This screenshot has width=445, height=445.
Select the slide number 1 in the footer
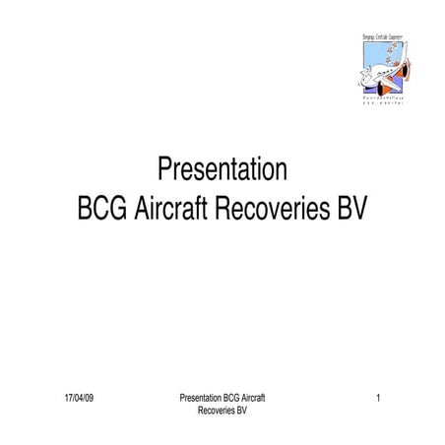point(378,398)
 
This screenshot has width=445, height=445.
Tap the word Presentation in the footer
point(201,398)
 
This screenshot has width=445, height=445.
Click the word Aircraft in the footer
point(257,398)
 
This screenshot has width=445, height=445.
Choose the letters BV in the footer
point(240,410)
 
